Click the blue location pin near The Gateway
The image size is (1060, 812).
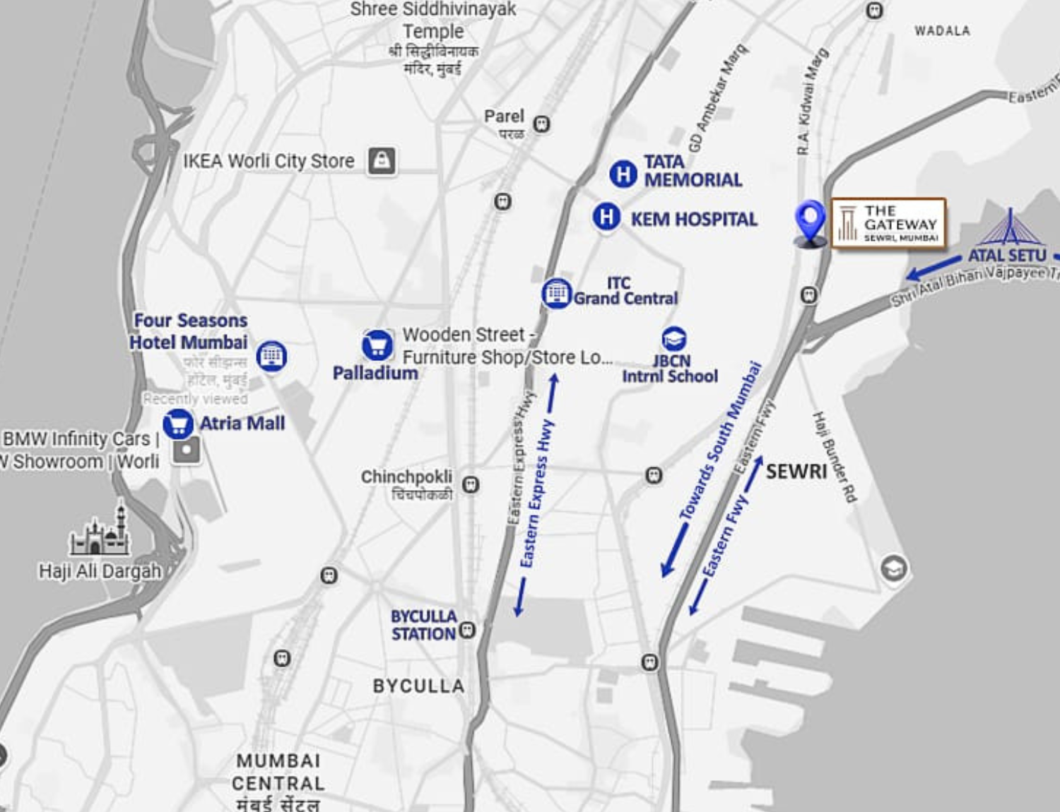810,220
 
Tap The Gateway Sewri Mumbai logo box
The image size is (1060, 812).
888,224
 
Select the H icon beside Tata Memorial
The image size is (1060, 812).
623,174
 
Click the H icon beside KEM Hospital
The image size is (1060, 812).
606,217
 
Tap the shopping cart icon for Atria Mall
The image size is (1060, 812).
177,424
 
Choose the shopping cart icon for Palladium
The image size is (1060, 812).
377,345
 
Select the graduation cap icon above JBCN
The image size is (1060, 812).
673,339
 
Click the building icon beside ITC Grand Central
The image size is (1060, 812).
555,293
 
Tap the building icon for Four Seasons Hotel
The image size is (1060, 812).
271,356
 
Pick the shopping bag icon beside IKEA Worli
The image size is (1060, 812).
382,161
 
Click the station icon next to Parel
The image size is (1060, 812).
541,124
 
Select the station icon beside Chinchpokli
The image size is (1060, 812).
470,485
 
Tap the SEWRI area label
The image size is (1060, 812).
796,471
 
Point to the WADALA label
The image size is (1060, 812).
942,31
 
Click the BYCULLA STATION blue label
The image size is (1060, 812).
424,626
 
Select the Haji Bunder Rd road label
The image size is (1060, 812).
835,457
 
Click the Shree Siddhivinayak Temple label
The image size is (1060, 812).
433,20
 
